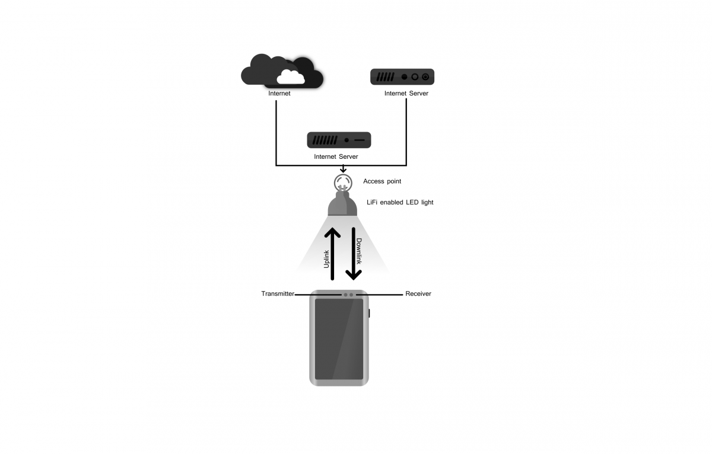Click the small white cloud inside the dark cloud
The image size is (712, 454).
coord(291,77)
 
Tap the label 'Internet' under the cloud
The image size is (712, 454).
coord(279,94)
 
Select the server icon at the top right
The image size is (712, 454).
coord(402,76)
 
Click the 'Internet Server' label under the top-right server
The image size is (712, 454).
coord(406,94)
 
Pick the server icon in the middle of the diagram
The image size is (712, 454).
coord(339,140)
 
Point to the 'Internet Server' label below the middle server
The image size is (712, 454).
coord(336,157)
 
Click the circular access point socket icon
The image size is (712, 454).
coord(342,182)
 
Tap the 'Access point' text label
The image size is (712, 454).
coord(382,181)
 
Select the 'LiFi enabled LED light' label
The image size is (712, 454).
coord(400,203)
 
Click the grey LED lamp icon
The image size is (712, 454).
coord(342,204)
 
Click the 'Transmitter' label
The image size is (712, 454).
coord(278,294)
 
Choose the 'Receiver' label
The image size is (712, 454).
coord(418,294)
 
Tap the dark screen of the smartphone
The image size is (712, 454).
coord(339,339)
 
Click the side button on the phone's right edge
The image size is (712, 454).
coord(369,313)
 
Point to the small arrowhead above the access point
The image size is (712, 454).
coord(342,170)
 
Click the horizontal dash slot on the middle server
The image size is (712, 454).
coord(360,140)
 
